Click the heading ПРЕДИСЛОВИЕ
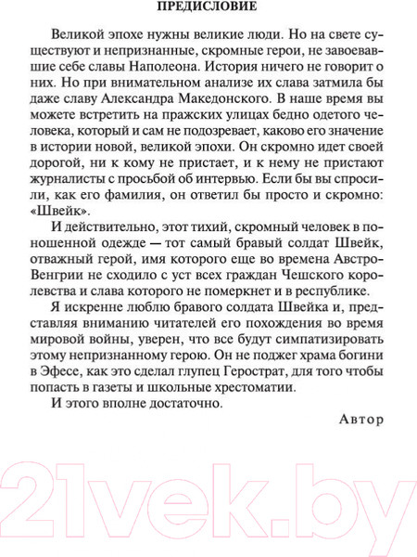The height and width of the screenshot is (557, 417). tap(208, 11)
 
